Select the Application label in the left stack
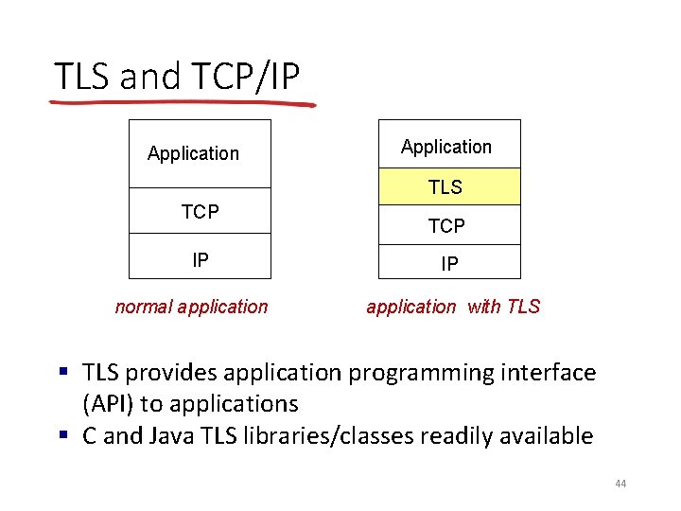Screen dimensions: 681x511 pos(194,153)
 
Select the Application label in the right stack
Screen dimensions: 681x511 pos(446,147)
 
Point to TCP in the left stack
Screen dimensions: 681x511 pos(200,213)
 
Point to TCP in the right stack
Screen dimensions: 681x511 pos(446,226)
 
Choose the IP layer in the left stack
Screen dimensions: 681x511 pos(200,259)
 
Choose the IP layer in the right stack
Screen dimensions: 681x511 pos(449,264)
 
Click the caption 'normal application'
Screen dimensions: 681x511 pos(191,307)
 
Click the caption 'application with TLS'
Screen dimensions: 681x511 pos(453,307)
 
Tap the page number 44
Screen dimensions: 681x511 pos(620,485)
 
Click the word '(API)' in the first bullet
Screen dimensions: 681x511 pos(109,404)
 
